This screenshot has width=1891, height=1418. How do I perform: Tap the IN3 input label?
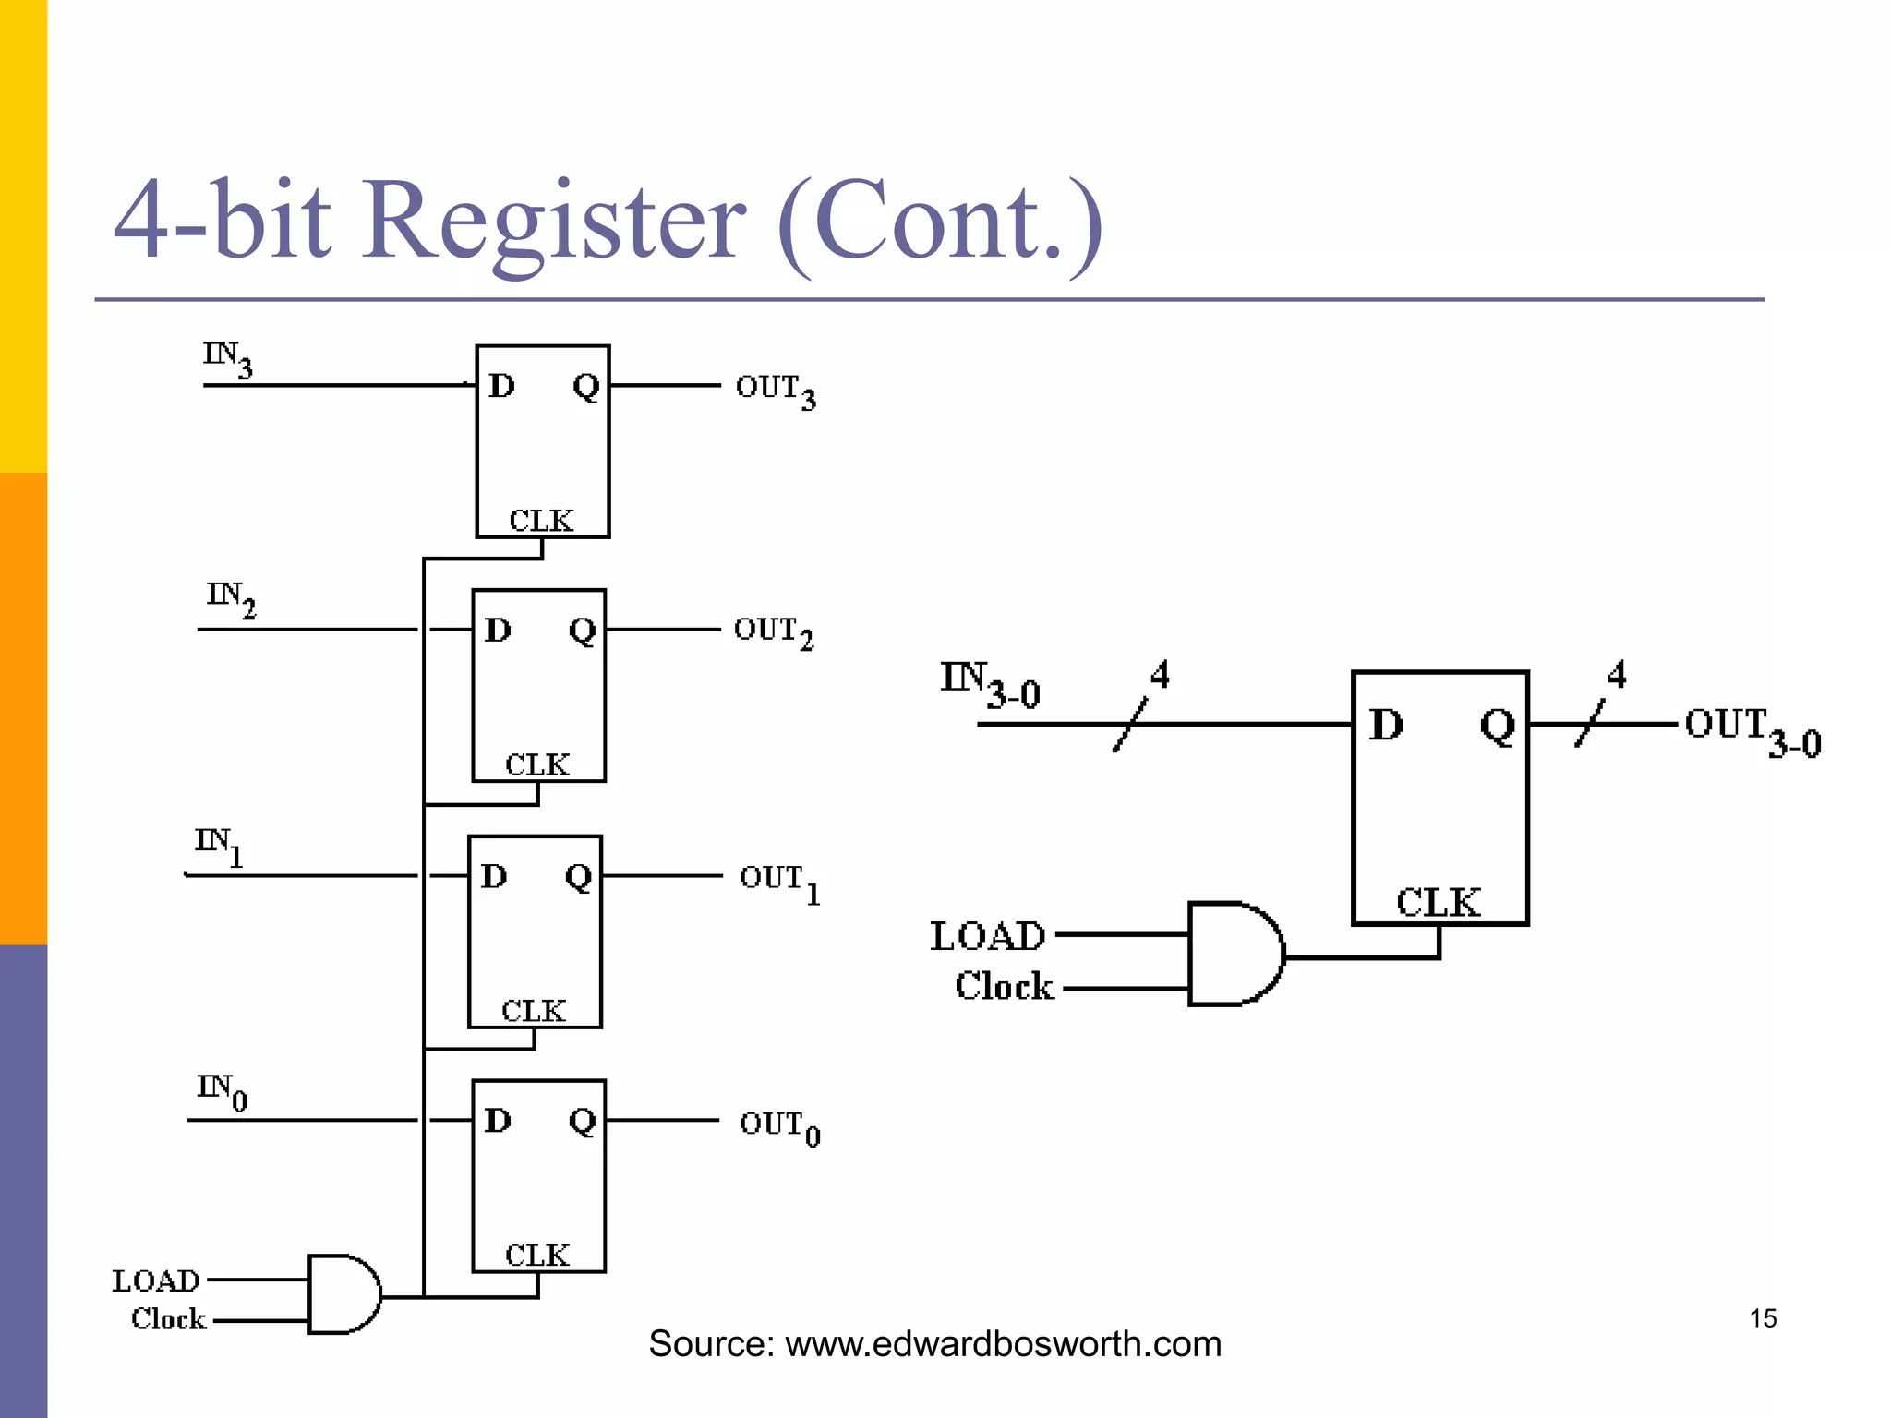[x=227, y=358]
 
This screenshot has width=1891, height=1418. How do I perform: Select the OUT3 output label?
[x=775, y=391]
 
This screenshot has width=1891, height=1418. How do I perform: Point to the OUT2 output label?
[x=773, y=632]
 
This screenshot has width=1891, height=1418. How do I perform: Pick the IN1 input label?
[x=219, y=846]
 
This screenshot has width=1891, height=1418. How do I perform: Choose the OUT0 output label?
[x=779, y=1127]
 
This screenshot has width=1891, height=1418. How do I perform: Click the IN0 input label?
[x=222, y=1091]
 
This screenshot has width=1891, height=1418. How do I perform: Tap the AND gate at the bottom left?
[x=343, y=1293]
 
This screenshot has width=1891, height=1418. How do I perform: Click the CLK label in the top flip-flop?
[x=541, y=521]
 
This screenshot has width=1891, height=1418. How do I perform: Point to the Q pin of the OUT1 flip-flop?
[x=578, y=876]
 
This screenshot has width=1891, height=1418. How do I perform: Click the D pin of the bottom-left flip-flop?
[x=498, y=1121]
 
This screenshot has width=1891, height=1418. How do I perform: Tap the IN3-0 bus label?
[x=989, y=685]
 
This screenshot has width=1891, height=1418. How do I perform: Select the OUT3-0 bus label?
[x=1752, y=730]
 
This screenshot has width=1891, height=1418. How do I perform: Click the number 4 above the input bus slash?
[x=1160, y=675]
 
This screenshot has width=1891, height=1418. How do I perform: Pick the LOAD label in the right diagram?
[x=987, y=936]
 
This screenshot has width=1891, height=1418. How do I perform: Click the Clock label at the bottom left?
[x=168, y=1319]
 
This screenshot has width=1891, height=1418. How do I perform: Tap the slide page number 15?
[x=1763, y=1318]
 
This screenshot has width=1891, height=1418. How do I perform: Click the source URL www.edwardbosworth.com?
[x=1003, y=1344]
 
